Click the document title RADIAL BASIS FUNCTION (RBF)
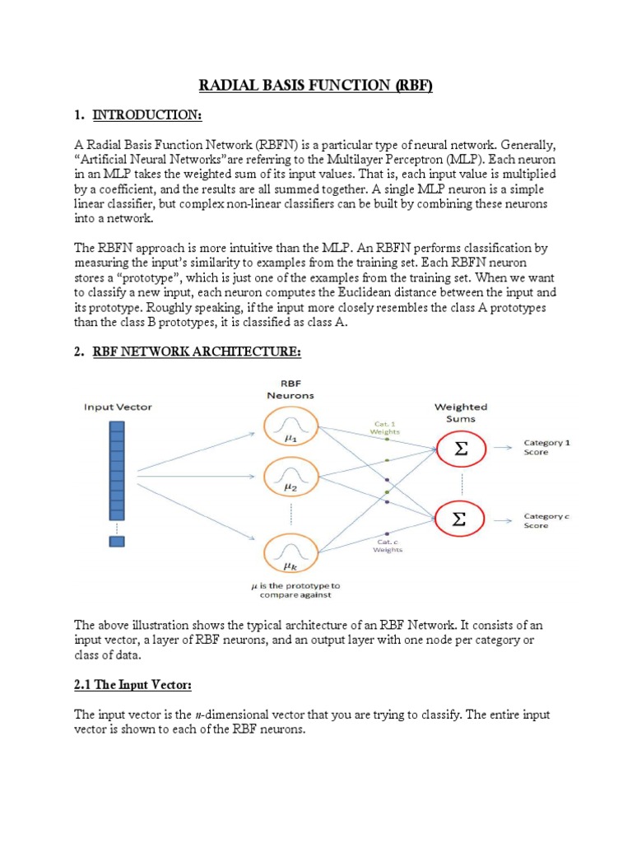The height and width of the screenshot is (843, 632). click(x=315, y=86)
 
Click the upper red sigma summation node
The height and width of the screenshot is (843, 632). click(x=458, y=448)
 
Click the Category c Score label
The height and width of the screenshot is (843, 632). click(x=547, y=520)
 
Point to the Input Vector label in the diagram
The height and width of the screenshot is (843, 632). click(x=117, y=407)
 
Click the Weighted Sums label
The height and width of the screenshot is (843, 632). click(x=460, y=412)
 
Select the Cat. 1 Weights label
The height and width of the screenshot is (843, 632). click(x=385, y=427)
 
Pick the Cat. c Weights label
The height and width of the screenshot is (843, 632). click(x=388, y=545)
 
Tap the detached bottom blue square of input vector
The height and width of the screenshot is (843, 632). click(x=117, y=541)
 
